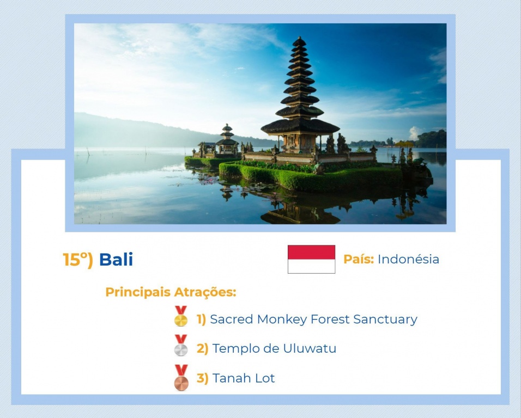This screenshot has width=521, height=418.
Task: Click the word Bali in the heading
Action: click(116, 260)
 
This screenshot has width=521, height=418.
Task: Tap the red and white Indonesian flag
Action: click(311, 259)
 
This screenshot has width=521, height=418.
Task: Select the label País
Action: click(359, 259)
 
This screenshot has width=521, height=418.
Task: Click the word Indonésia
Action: click(408, 259)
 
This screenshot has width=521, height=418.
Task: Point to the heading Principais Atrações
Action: click(171, 292)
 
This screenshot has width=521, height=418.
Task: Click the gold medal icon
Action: click(181, 316)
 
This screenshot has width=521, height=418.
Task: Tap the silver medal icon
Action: click(181, 346)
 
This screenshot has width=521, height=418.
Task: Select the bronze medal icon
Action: click(181, 378)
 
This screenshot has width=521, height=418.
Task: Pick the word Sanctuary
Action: click(385, 319)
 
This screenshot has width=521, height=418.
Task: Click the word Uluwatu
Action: click(310, 348)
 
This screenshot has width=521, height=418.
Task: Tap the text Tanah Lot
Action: click(244, 378)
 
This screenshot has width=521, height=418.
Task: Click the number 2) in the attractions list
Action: click(202, 349)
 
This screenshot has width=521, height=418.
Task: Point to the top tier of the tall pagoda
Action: click(299, 41)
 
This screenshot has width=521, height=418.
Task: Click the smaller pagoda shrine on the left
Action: click(227, 139)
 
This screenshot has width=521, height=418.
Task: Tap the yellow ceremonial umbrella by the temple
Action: click(404, 144)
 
